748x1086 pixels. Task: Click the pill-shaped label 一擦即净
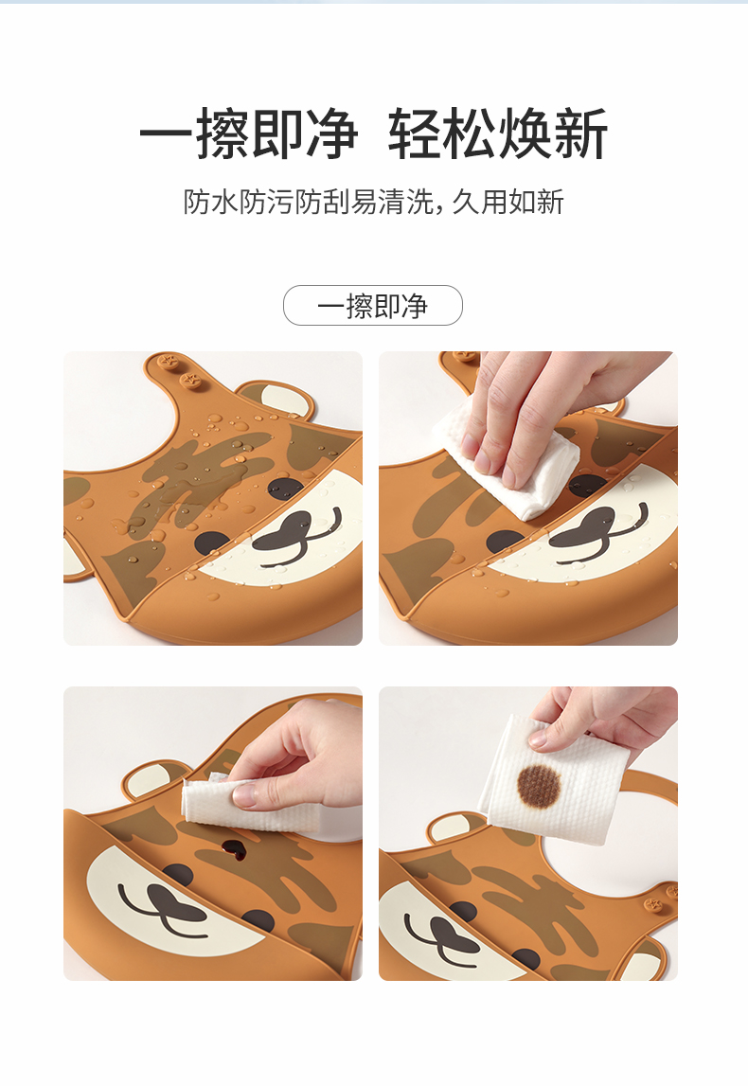point(373,306)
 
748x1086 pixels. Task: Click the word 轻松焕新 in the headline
point(498,134)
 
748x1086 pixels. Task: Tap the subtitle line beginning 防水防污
point(373,202)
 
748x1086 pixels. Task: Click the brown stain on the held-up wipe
point(539,786)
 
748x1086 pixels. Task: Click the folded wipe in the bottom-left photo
point(249,806)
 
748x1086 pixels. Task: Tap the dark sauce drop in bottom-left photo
point(234,850)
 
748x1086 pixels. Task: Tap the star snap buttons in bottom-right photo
point(662,899)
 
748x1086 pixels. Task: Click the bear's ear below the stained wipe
point(458,828)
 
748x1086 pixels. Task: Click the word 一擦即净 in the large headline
point(249,134)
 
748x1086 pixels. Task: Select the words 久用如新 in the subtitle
point(508,202)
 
